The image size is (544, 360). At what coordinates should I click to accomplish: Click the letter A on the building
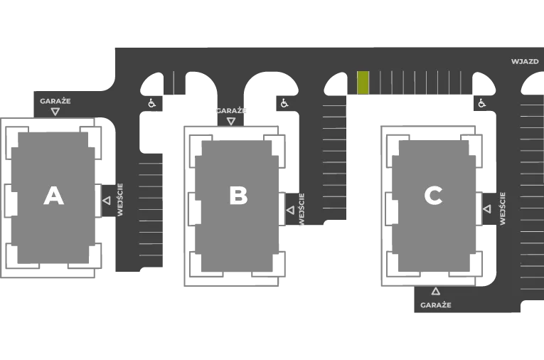(x=54, y=196)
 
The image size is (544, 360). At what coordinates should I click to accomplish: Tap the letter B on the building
(x=238, y=196)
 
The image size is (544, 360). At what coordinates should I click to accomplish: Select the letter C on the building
(x=433, y=196)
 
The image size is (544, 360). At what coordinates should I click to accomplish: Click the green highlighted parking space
(x=363, y=83)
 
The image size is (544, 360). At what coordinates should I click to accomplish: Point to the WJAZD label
(x=525, y=61)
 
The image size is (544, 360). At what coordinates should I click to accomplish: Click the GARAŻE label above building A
(x=55, y=101)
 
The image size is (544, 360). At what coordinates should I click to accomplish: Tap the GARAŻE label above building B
(x=231, y=111)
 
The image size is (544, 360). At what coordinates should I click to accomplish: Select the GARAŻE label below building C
(x=436, y=305)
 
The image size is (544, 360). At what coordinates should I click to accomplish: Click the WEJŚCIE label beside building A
(x=120, y=200)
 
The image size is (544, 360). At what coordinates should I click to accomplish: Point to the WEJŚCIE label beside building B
(x=301, y=209)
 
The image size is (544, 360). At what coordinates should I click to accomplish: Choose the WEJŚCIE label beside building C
(x=502, y=208)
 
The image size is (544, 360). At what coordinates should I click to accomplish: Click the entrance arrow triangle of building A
(x=107, y=201)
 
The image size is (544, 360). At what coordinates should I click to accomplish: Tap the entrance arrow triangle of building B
(x=290, y=210)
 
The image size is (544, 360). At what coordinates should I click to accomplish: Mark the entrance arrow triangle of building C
(x=487, y=209)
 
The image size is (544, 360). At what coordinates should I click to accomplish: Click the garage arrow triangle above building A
(x=55, y=112)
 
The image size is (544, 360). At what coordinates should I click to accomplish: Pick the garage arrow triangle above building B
(x=231, y=121)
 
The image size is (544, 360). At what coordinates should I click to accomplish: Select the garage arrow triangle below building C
(x=436, y=291)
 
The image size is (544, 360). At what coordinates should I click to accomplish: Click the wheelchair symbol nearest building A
(x=151, y=103)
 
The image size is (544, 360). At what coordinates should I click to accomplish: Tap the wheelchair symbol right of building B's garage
(x=284, y=103)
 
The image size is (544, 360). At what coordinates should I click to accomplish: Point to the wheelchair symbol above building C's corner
(x=481, y=103)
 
